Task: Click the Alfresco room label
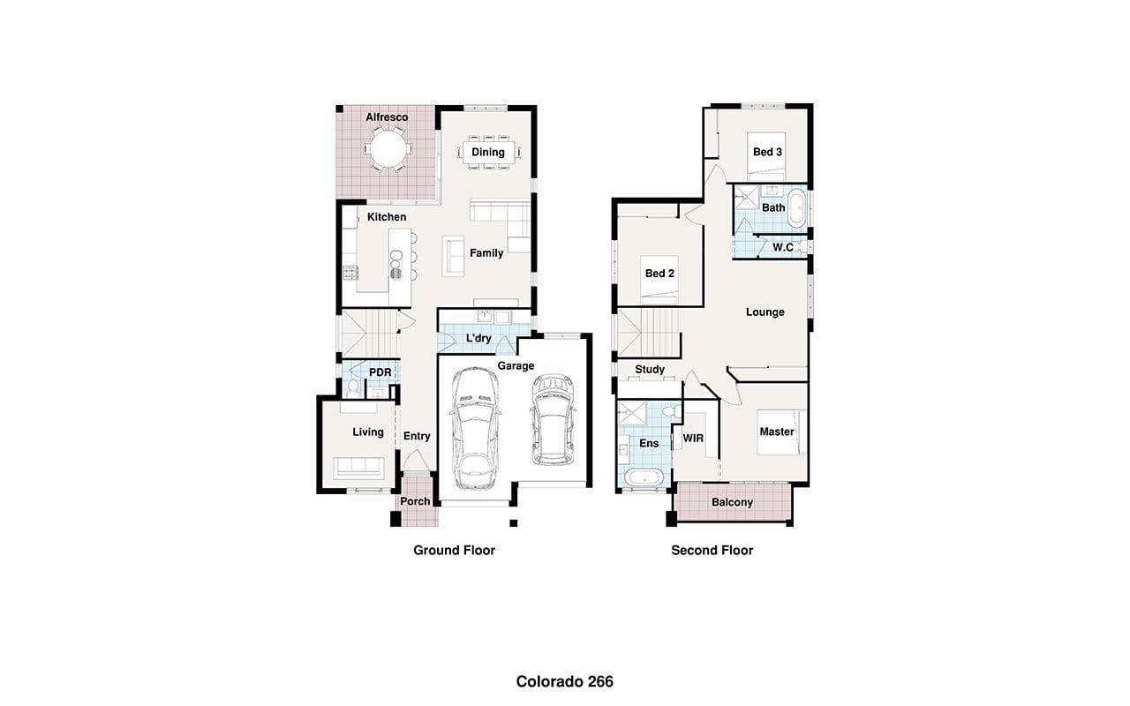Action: [387, 117]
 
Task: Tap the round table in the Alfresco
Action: [388, 149]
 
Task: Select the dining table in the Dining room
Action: [488, 152]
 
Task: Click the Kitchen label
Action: [387, 217]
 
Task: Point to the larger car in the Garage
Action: [475, 428]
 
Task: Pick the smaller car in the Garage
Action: [554, 419]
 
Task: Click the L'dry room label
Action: [478, 338]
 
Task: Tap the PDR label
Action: [380, 372]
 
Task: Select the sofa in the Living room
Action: [358, 468]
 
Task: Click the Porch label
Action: [415, 501]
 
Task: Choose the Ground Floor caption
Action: [454, 550]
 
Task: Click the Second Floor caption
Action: [712, 550]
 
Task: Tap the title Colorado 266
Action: [564, 682]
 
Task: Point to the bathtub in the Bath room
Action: [796, 208]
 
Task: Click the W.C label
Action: [783, 247]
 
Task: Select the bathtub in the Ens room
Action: [644, 477]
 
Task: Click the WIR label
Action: [693, 439]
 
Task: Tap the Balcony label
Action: [732, 502]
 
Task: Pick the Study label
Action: [650, 370]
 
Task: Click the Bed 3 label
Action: [767, 152]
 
